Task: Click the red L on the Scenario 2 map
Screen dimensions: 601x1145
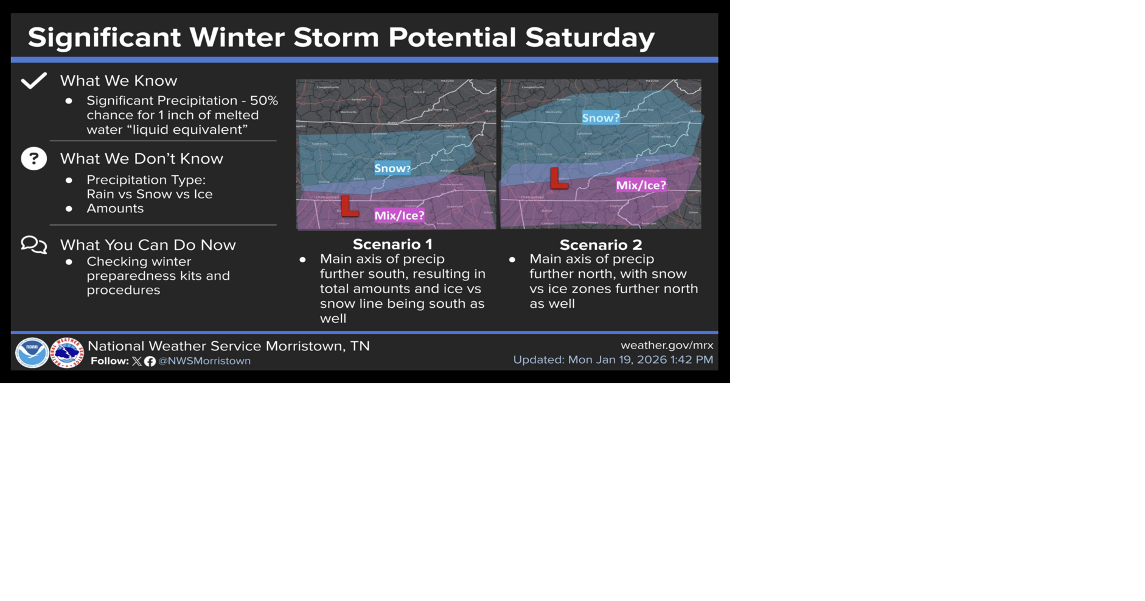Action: (558, 179)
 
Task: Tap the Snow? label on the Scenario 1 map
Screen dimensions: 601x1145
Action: (392, 168)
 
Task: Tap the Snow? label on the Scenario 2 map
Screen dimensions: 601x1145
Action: (600, 118)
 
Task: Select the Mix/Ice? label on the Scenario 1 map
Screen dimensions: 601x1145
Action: (399, 215)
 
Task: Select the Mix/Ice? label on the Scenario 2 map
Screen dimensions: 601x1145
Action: (641, 186)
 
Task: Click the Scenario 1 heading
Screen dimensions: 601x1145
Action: (392, 244)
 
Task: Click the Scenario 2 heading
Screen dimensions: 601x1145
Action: (600, 245)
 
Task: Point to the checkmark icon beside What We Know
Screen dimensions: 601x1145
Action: (34, 80)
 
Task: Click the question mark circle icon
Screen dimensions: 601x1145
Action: (34, 159)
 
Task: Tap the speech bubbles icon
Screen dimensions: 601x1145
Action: (34, 245)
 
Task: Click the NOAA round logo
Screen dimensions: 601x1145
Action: (32, 353)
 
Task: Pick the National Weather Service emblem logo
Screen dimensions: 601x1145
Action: (67, 353)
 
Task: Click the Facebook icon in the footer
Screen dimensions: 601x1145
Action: (150, 361)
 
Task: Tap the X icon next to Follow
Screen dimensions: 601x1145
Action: (137, 361)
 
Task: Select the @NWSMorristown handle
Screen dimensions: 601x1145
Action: (204, 361)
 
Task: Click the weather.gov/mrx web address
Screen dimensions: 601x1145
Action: (667, 345)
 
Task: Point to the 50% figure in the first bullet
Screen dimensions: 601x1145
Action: (264, 100)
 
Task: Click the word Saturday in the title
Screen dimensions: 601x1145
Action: (590, 37)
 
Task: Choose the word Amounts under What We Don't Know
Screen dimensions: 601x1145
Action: (115, 208)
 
